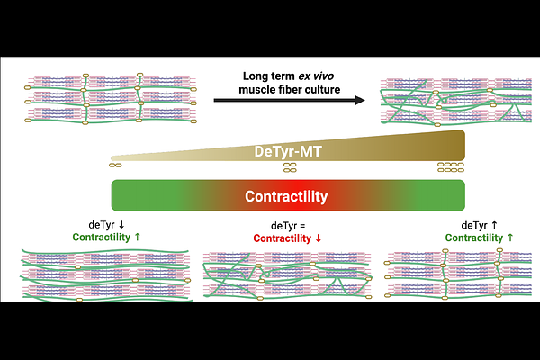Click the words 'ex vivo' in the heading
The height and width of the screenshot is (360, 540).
[x=316, y=76]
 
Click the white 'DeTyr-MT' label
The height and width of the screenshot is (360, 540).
[x=288, y=151]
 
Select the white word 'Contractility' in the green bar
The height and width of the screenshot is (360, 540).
[x=286, y=196]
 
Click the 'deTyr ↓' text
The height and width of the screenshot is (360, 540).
[x=106, y=225]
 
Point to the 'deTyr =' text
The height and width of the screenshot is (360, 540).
[x=288, y=226]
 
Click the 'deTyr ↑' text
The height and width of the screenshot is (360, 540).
[x=479, y=225]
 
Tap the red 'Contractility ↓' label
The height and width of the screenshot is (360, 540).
[x=287, y=238]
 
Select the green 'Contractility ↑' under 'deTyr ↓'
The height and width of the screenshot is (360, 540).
[x=106, y=238]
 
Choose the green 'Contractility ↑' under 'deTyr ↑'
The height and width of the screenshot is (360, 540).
[x=479, y=238]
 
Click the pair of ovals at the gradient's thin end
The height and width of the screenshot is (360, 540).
[x=115, y=166]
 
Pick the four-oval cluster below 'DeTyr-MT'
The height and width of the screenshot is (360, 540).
[x=290, y=167]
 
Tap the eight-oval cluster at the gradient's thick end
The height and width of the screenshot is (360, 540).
[x=451, y=167]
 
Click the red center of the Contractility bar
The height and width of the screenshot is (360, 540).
[x=289, y=195]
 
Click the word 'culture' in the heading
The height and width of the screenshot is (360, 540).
[x=323, y=90]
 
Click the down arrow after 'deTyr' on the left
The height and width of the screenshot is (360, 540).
[x=121, y=225]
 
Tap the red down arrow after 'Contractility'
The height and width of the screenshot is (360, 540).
[x=319, y=238]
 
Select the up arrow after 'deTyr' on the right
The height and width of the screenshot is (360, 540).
[x=494, y=225]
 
